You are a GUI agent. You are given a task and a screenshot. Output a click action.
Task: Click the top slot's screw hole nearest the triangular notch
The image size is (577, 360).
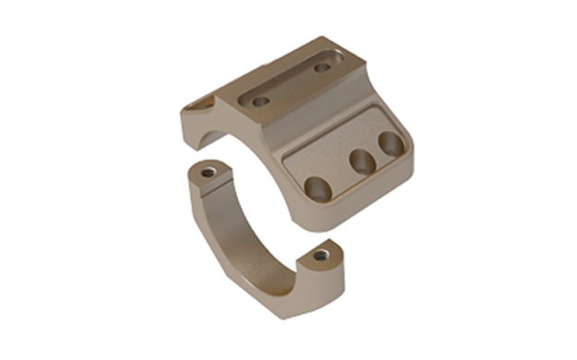tap(261, 101)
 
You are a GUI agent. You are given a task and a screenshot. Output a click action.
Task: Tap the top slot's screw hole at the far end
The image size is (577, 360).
tap(321, 67)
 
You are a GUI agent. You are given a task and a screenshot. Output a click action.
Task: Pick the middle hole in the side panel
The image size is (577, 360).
tap(360, 162)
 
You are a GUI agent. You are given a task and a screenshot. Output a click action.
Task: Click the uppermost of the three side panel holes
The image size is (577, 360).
tap(391, 143)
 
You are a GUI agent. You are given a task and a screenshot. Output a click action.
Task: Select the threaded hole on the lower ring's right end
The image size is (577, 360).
tap(320, 254)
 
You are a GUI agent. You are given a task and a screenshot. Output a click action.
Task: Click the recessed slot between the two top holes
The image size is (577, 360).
tap(291, 84)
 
